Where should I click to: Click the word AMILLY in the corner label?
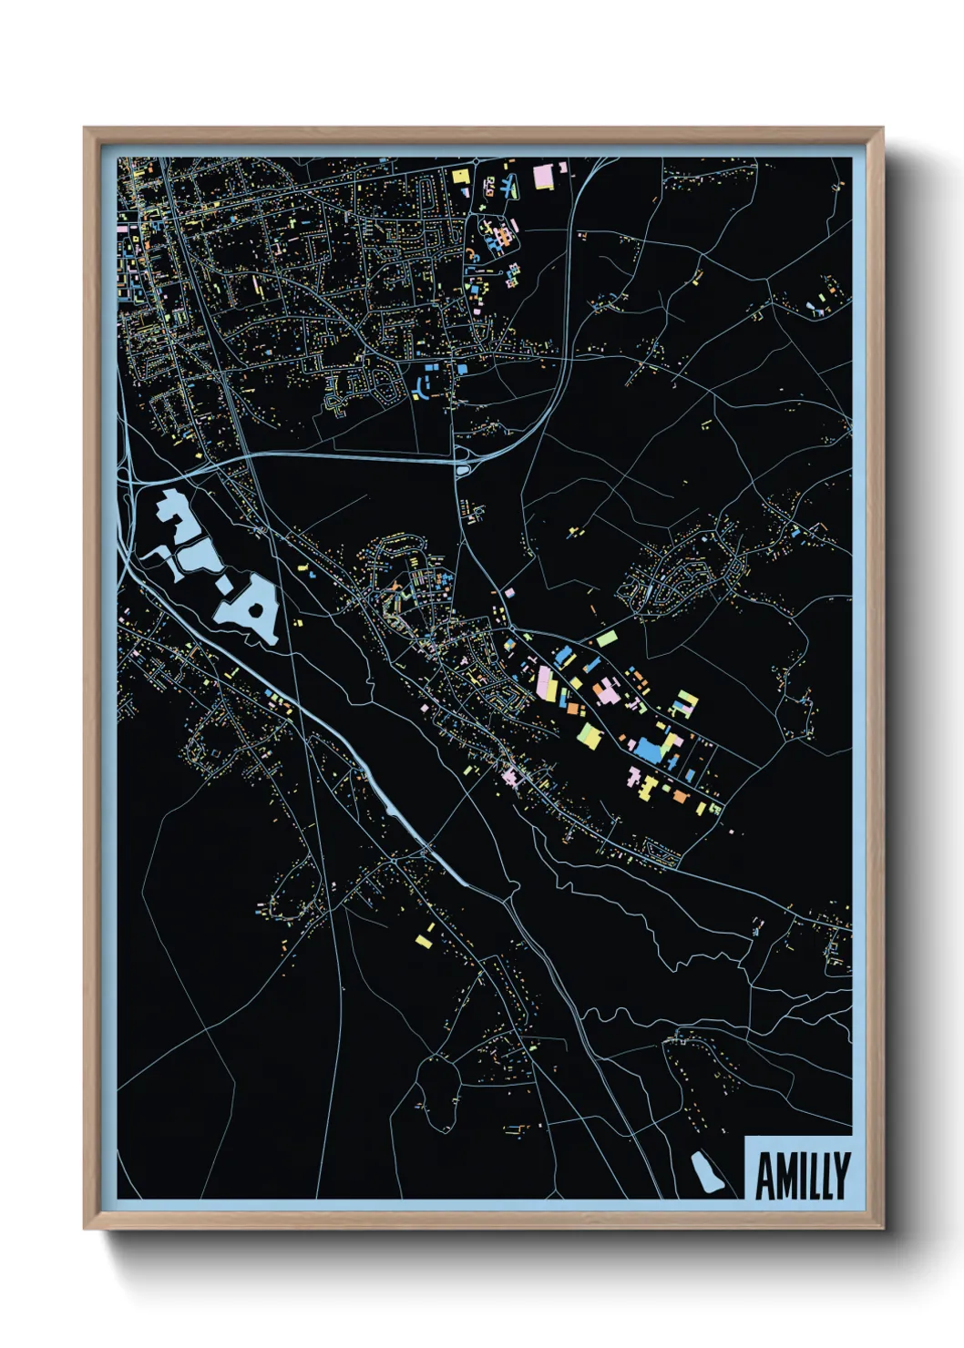[x=802, y=1176]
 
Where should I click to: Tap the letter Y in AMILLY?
[x=840, y=1176]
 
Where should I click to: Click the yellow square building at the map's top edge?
[x=461, y=176]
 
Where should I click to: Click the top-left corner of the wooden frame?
[x=86, y=129]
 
